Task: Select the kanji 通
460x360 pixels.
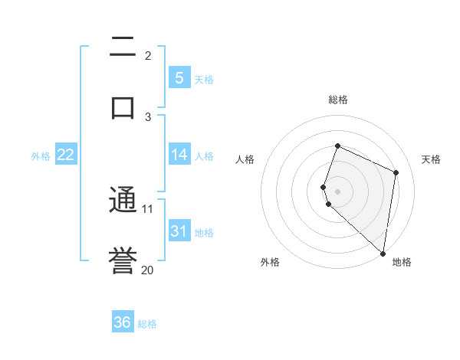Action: (123, 201)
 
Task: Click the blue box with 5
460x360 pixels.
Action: (179, 77)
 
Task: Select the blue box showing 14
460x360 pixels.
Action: (179, 155)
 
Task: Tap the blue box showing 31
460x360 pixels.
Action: (179, 231)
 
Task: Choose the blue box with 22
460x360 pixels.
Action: (65, 155)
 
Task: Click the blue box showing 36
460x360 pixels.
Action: (123, 322)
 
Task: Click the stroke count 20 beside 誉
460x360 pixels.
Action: (148, 270)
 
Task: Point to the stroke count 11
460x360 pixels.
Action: (148, 208)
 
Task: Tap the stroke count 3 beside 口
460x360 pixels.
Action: (148, 116)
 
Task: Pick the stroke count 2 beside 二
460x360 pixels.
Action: (148, 55)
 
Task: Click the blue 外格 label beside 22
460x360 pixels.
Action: (41, 155)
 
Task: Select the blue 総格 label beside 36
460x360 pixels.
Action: (147, 324)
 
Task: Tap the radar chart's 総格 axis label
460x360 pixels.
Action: (337, 100)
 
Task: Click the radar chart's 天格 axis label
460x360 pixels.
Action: (431, 159)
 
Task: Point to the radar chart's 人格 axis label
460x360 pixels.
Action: (245, 159)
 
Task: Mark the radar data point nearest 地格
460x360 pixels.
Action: (383, 254)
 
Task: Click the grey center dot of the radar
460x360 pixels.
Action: (337, 191)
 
